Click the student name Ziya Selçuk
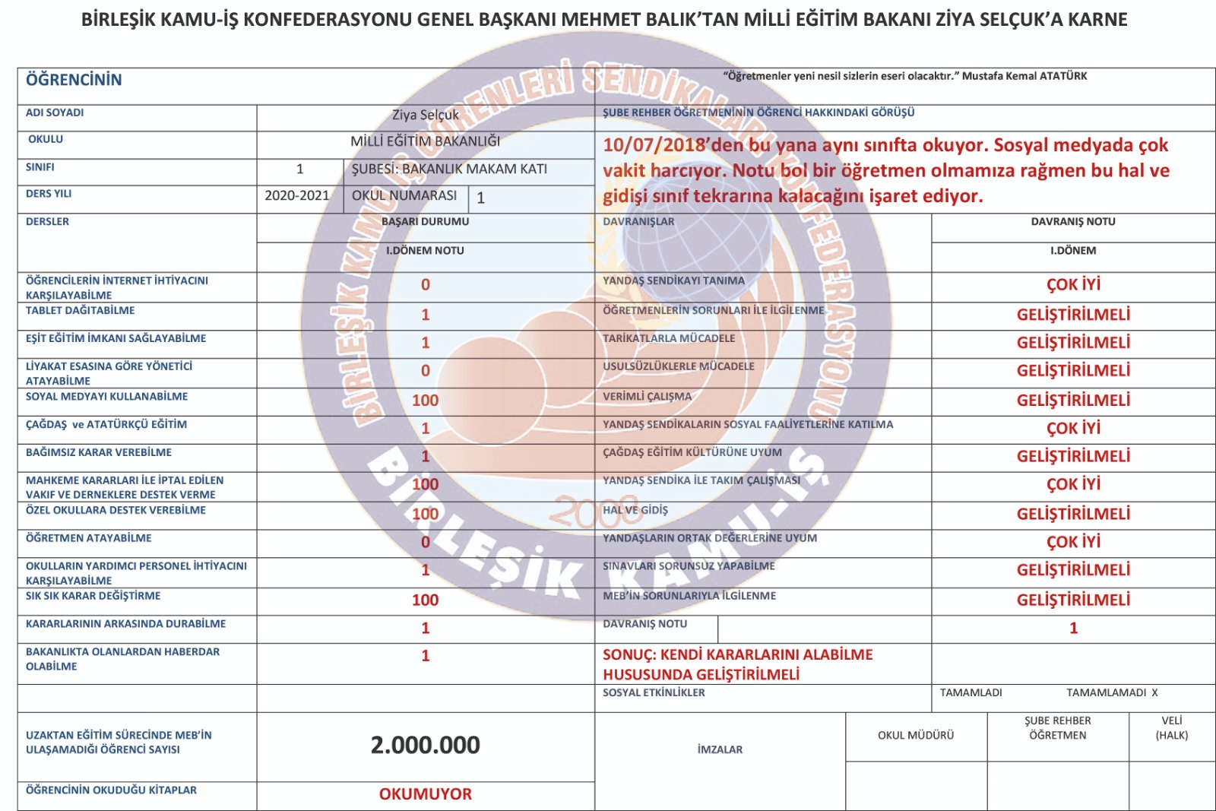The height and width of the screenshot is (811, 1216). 425,116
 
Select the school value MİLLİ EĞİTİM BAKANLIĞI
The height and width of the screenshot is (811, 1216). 425,141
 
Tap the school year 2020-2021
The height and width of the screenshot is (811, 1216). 296,196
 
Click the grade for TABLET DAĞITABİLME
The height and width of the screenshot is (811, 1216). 425,315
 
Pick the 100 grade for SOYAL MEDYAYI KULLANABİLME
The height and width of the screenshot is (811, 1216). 425,401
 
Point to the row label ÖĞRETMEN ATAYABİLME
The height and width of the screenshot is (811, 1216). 89,538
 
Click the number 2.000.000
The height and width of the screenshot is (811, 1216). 425,745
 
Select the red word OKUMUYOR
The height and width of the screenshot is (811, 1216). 425,794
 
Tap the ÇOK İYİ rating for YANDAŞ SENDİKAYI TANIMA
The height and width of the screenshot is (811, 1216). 1073,285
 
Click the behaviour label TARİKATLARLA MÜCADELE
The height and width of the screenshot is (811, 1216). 669,338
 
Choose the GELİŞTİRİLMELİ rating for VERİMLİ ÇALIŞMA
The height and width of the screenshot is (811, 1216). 1073,401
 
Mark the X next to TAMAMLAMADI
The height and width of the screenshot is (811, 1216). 1154,692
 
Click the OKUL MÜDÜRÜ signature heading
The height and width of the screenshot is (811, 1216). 915,735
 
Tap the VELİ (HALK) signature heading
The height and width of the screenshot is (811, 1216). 1171,728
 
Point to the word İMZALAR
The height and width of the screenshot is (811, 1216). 720,749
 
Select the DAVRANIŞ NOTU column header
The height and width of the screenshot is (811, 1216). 1072,222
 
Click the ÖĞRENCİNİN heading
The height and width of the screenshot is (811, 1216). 74,80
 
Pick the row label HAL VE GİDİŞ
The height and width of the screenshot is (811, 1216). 635,510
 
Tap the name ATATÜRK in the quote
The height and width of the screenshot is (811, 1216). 1062,76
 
